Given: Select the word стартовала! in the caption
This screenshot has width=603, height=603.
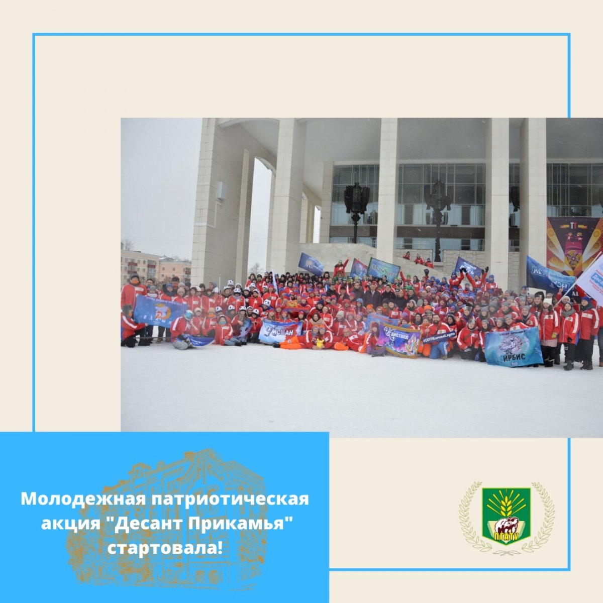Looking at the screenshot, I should click(164, 548).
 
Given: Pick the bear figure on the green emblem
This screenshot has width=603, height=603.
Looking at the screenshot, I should click(506, 526).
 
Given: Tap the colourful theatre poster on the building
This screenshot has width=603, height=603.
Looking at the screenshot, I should click(574, 246).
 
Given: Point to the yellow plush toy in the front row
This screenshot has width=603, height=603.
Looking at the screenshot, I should click(320, 343).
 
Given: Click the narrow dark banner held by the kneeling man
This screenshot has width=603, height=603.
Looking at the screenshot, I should click(439, 337).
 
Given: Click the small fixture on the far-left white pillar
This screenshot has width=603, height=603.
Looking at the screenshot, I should click(220, 191).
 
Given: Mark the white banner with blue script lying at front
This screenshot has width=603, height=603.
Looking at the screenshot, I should click(280, 331).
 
